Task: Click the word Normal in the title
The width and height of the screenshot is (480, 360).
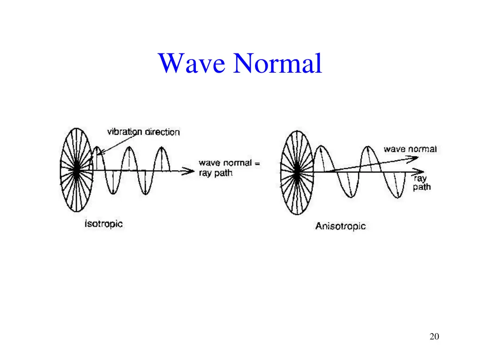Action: point(278,63)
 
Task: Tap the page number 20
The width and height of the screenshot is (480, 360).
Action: point(434,336)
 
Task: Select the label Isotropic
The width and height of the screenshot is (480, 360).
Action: point(104,224)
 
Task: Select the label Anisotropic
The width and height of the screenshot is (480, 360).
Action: point(340,226)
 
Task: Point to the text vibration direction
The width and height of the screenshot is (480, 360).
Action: point(143,132)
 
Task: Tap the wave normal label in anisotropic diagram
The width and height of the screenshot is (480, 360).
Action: point(410,149)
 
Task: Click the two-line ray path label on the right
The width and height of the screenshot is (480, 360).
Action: point(422,183)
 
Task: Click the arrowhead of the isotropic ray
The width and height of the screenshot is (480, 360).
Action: point(190,172)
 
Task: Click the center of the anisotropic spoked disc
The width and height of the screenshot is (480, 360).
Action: point(296,172)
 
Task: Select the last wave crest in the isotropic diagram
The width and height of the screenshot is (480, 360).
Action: point(161,149)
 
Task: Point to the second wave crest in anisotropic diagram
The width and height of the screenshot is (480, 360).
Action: point(369,147)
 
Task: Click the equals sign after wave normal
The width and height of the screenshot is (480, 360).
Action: point(256,163)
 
